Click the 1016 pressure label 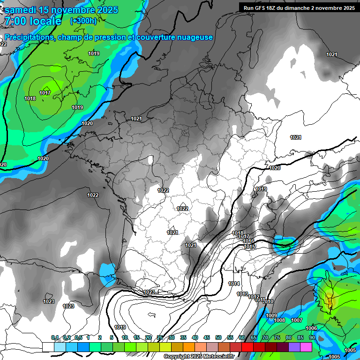[x=248, y=241]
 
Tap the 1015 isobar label [x=249, y=247]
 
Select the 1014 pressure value [x=234, y=284]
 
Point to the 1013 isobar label [x=242, y=294]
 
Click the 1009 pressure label [x=271, y=315]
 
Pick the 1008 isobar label [x=279, y=320]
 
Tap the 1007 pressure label [x=296, y=320]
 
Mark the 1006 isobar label [x=311, y=328]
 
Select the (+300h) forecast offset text [x=83, y=21]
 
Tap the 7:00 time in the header [x=15, y=22]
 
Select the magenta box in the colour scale [x=306, y=347]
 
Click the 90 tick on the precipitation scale [x=312, y=338]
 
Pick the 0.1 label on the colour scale [x=54, y=338]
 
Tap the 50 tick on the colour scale [x=218, y=338]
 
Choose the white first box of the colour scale [x=48, y=347]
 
